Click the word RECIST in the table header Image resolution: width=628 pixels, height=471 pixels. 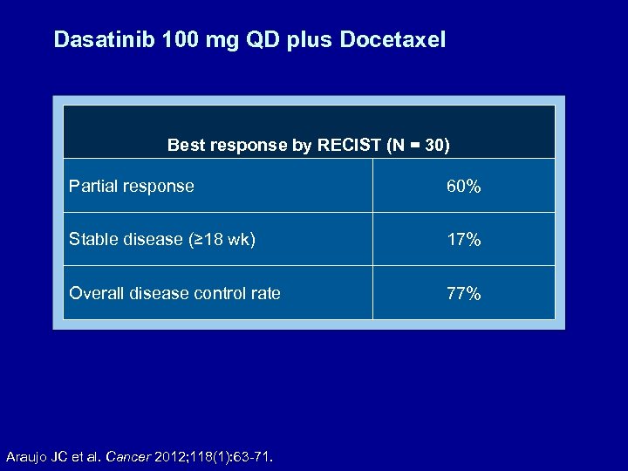pos(349,145)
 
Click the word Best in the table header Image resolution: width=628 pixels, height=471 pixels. pos(186,145)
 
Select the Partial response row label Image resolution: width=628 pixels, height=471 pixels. pos(132,186)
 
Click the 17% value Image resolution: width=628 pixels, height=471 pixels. pos(463,240)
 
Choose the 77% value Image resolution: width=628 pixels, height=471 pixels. pos(463,294)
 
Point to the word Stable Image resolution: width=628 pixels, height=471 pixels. pos(94,240)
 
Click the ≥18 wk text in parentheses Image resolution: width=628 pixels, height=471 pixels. pos(222,240)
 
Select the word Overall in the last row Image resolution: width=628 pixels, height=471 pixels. pos(98,293)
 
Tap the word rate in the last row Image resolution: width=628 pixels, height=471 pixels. pos(263,293)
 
